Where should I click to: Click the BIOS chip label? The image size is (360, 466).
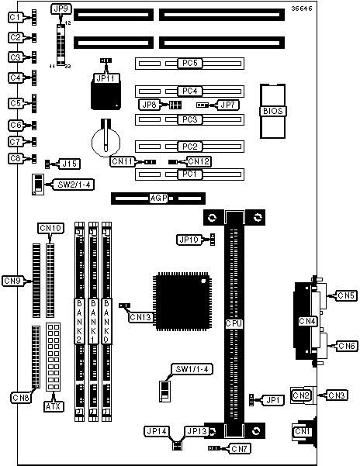272,111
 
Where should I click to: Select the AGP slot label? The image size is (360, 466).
158,198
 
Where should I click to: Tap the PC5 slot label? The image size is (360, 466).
189,63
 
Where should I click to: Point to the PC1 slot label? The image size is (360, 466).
189,174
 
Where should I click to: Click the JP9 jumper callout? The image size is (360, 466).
61,9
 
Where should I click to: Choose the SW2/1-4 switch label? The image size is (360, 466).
74,185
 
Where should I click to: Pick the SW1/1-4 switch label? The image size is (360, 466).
192,369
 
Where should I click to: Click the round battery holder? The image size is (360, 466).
106,142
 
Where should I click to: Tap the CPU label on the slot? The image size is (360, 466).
234,323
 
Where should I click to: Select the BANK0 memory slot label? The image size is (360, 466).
106,321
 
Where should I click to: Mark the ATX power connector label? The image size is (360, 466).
54,406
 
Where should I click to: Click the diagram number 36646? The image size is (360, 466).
302,9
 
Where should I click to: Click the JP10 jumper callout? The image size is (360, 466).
189,240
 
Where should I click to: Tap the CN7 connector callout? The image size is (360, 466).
239,448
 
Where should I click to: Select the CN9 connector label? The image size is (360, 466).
12,281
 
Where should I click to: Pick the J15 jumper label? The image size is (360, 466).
70,164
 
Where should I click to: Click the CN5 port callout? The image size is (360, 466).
346,295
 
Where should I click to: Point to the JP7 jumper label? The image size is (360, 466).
227,105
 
